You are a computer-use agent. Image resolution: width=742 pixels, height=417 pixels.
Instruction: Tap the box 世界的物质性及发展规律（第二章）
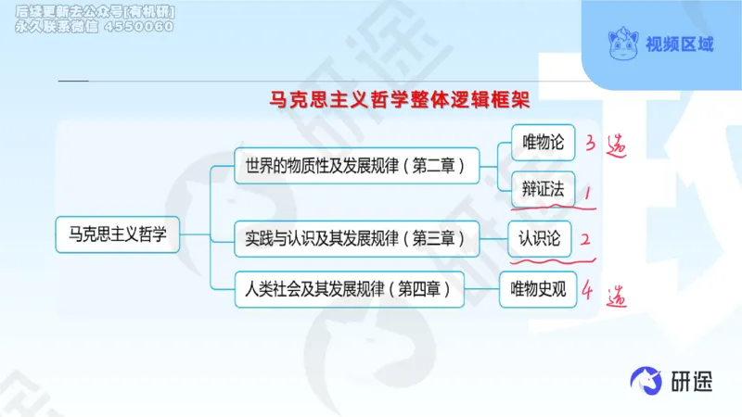click(355, 167)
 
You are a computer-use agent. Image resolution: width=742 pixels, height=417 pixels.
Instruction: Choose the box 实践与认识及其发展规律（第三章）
click(355, 237)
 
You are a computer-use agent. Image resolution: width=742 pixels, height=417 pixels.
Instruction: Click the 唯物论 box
click(544, 142)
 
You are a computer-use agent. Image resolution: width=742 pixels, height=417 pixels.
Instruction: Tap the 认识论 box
click(540, 237)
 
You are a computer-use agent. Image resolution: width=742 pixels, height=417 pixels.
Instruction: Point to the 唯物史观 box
click(539, 288)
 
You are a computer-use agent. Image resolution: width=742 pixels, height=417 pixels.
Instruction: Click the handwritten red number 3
click(590, 144)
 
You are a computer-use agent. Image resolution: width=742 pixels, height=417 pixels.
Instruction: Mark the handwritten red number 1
click(587, 192)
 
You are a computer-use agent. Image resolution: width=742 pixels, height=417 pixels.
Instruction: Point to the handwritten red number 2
click(586, 239)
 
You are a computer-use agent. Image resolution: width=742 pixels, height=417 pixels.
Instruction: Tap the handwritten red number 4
click(587, 292)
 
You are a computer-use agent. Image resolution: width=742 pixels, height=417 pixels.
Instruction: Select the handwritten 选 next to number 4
click(615, 297)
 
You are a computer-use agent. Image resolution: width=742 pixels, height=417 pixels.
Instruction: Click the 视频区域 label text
click(681, 44)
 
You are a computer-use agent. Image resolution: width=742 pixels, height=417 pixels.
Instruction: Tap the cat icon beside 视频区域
click(623, 43)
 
